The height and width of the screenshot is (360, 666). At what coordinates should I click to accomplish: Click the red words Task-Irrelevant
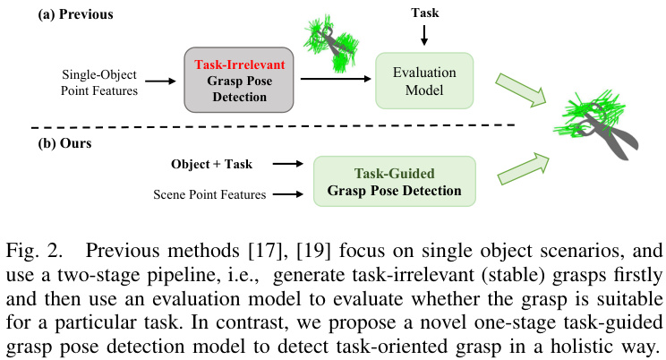click(238, 64)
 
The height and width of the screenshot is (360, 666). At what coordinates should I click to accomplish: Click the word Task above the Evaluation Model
click(425, 13)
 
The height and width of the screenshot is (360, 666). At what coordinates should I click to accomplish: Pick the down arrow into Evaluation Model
click(425, 35)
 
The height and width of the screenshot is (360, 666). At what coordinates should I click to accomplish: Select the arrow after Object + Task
click(285, 165)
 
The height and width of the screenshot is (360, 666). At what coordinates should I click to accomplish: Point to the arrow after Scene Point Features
click(285, 192)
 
